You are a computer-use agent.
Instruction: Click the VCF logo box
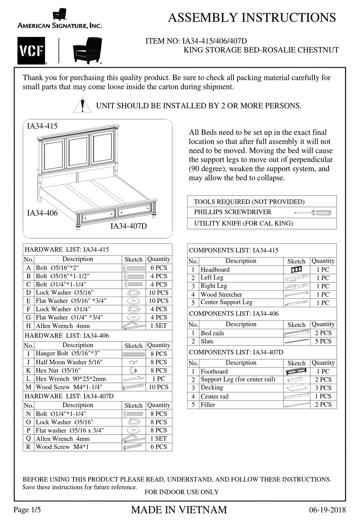click(31, 51)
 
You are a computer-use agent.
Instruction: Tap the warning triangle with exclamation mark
click(82, 106)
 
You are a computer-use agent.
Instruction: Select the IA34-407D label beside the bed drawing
click(128, 226)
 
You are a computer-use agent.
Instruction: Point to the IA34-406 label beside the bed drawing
click(42, 213)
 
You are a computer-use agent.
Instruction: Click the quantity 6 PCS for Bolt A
click(158, 268)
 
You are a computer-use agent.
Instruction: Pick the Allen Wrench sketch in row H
click(133, 326)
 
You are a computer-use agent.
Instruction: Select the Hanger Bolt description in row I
click(68, 353)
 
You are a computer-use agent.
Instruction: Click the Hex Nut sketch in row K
click(133, 370)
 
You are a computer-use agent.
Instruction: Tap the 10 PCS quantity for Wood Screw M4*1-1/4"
click(158, 387)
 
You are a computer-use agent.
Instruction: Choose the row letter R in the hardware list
click(28, 447)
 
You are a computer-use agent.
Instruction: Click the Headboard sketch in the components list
click(296, 270)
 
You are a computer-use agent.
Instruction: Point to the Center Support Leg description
click(226, 302)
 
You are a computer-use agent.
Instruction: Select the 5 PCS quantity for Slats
click(323, 341)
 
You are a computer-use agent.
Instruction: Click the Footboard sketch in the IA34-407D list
click(296, 372)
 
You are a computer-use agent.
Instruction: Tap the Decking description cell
click(212, 388)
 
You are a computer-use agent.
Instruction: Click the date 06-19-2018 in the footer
click(327, 510)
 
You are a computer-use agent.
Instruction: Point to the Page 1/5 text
click(27, 509)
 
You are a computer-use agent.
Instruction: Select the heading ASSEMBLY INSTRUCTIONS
click(252, 18)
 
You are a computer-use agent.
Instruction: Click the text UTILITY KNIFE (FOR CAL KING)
click(243, 223)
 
